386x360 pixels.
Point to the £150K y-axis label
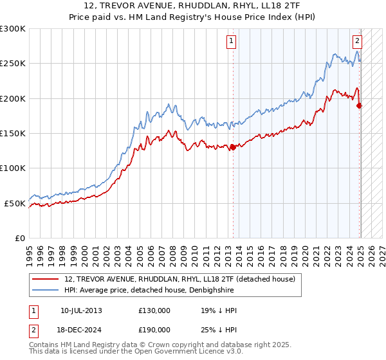pyautogui.click(x=13, y=134)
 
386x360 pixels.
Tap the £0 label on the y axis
pyautogui.click(x=19, y=239)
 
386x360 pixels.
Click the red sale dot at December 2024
pyautogui.click(x=359, y=105)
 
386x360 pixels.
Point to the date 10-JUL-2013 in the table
pyautogui.click(x=81, y=310)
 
